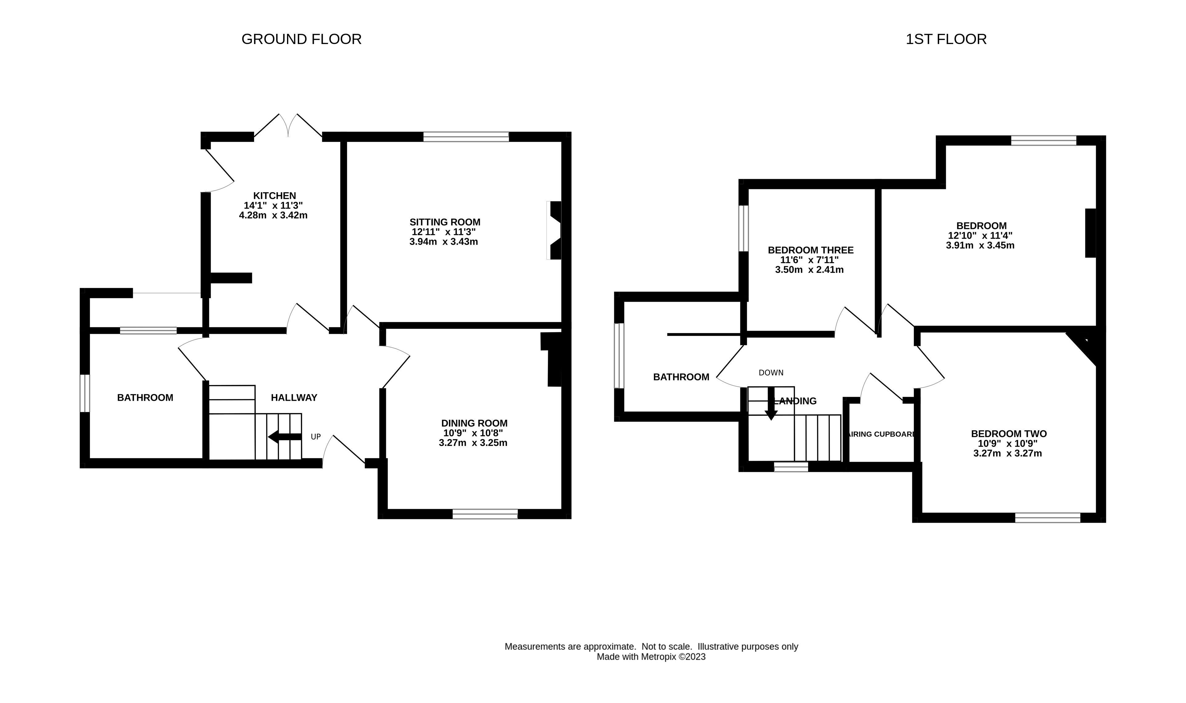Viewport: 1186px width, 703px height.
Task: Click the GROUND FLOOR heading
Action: coord(302,39)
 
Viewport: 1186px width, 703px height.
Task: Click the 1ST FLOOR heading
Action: coord(946,39)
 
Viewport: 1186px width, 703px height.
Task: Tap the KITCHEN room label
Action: coord(274,196)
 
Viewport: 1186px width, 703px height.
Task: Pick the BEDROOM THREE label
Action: coord(811,250)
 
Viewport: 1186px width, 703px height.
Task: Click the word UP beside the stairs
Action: coord(316,437)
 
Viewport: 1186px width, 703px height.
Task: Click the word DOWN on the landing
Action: coord(771,373)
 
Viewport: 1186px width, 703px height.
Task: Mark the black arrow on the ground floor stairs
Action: coord(285,437)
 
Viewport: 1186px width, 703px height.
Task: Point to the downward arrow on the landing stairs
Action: coord(771,404)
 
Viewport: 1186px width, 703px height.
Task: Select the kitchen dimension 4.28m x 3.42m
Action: coord(273,215)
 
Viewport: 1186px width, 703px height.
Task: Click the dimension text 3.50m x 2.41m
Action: coord(809,270)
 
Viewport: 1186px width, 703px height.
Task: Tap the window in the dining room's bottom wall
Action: coord(485,514)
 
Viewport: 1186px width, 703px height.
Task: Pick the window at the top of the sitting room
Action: coord(466,137)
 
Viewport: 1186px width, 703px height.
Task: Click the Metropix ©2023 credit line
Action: coord(651,657)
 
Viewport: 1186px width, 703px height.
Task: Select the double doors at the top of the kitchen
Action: coord(288,126)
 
